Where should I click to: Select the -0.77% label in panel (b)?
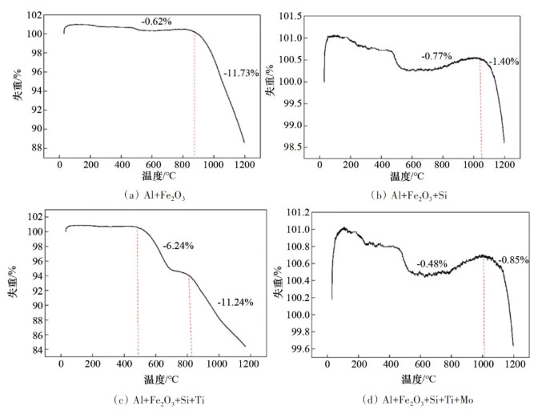click(x=437, y=57)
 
